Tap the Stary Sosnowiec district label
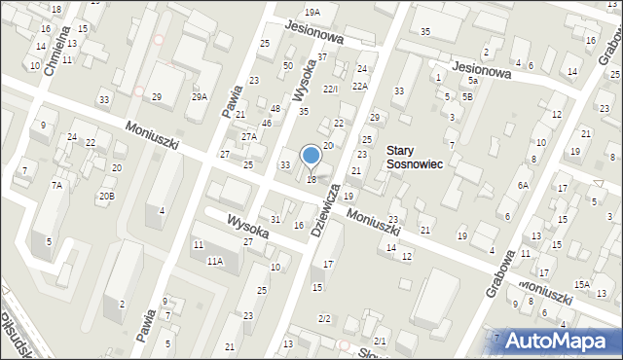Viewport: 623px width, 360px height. [414, 158]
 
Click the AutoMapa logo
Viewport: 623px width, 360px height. [562, 342]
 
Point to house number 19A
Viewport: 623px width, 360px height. [311, 12]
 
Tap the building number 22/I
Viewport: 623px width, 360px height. [330, 90]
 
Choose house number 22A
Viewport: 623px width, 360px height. [360, 86]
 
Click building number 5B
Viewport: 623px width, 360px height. [467, 96]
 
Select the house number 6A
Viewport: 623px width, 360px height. [523, 185]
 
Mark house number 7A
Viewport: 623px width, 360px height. [56, 185]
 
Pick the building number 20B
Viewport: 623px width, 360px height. [105, 196]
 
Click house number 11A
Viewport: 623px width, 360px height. [214, 261]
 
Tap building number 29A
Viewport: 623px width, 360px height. [199, 96]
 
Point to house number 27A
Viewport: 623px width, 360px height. [249, 137]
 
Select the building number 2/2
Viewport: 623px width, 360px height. [324, 318]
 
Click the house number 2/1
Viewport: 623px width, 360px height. [380, 341]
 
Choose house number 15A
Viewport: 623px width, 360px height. [581, 283]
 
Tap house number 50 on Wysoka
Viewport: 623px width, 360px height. [287, 65]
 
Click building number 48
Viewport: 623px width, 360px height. [275, 108]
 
